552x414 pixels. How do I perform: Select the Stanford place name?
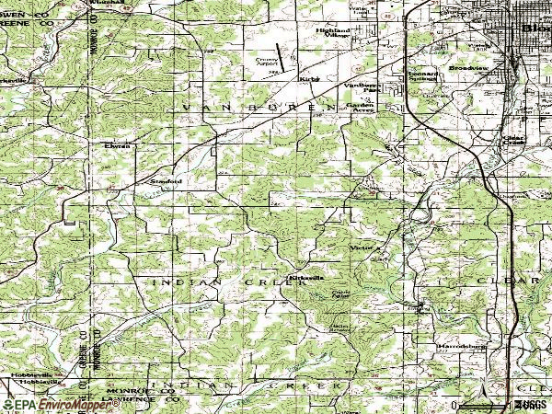[167, 181]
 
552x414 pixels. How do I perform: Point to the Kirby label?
[306, 81]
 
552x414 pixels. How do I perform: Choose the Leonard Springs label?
[424, 78]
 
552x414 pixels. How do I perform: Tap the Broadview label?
[464, 69]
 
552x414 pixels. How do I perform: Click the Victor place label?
[360, 247]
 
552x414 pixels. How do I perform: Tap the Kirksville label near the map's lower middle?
[305, 277]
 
